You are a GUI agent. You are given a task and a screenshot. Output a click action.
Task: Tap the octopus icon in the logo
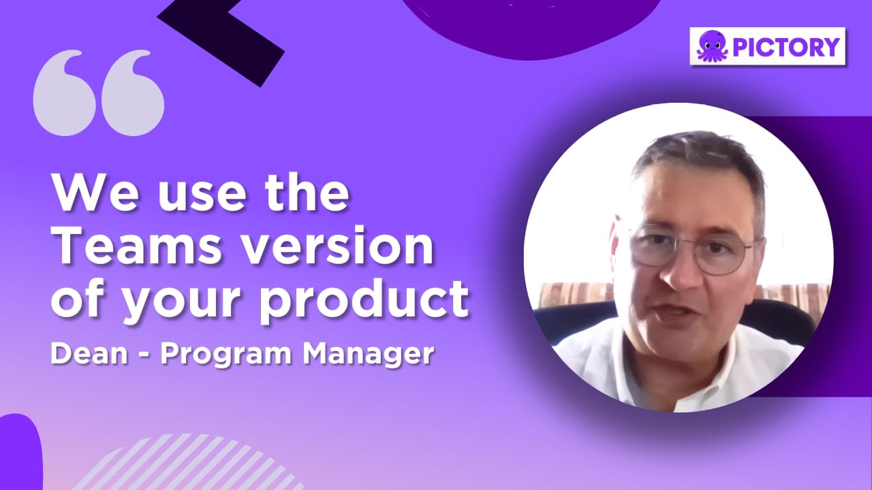coord(712,47)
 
